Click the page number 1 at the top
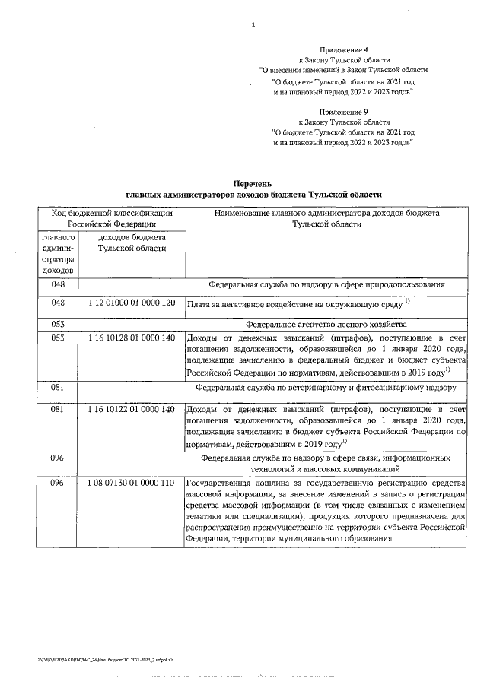coord(253,24)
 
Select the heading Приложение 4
coord(345,49)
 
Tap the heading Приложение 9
coord(345,111)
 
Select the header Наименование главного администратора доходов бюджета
coord(326,214)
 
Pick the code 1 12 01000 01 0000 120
coord(132,303)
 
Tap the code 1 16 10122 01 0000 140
coord(132,409)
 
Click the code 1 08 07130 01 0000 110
coord(132,484)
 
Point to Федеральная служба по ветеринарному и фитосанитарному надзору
coord(326,387)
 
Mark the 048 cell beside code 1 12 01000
coord(58,303)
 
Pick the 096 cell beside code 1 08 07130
coord(58,484)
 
